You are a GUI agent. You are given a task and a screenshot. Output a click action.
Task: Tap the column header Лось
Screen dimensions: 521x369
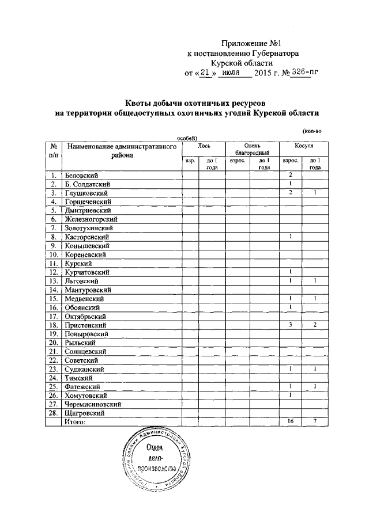(204, 147)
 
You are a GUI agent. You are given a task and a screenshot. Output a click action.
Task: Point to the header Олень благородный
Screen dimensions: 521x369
(253, 150)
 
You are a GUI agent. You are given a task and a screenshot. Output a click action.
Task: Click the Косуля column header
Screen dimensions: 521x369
(304, 147)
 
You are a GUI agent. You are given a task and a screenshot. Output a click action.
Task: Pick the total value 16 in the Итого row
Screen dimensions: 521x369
(291, 422)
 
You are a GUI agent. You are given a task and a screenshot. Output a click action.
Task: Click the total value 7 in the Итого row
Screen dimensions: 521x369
(315, 422)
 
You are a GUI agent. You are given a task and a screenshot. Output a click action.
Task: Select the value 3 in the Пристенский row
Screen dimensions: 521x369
(291, 325)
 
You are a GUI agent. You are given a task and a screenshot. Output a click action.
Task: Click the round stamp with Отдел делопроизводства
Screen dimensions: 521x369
(152, 459)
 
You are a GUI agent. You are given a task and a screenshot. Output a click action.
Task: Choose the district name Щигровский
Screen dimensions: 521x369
(85, 413)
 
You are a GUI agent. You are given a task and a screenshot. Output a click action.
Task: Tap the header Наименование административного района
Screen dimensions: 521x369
(121, 151)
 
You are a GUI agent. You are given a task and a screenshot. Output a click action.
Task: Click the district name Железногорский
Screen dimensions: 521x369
(91, 219)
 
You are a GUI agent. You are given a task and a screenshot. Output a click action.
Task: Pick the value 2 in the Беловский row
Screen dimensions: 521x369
(291, 174)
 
